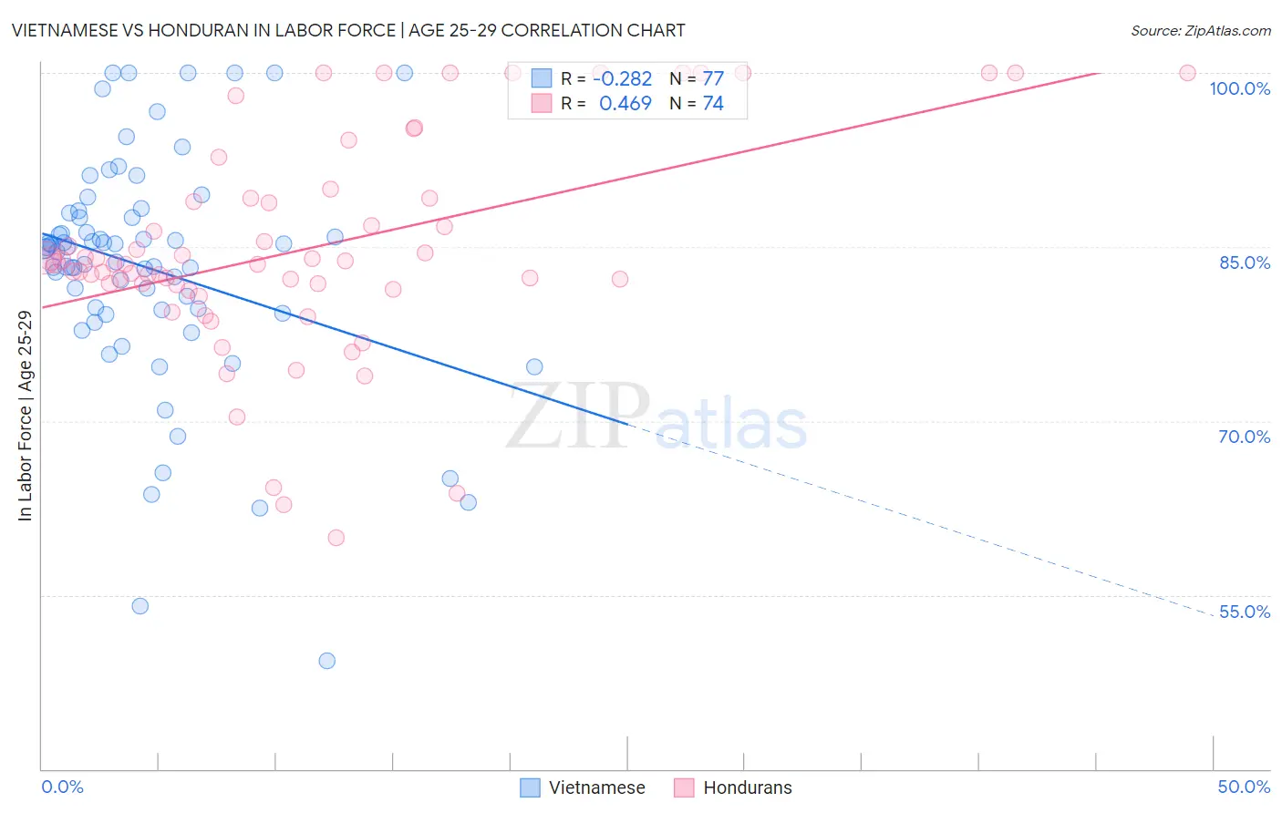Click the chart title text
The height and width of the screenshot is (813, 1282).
(x=348, y=30)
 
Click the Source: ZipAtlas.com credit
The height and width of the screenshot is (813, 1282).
(x=1200, y=30)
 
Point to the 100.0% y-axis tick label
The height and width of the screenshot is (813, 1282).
(x=1239, y=88)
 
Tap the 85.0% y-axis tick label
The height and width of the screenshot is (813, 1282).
(x=1244, y=262)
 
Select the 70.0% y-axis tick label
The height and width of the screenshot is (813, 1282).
(x=1244, y=437)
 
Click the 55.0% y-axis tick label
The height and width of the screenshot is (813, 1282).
(x=1244, y=612)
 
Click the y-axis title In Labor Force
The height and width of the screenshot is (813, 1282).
(x=25, y=416)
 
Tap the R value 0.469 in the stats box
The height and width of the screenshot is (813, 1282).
(x=625, y=104)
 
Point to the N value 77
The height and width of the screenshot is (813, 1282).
(x=712, y=79)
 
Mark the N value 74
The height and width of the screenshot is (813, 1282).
(x=712, y=104)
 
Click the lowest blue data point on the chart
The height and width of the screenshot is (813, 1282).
(x=326, y=661)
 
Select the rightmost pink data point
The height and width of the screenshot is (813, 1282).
(x=1187, y=73)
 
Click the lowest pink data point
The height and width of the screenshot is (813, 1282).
(x=336, y=538)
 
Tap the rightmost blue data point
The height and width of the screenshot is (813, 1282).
(x=534, y=367)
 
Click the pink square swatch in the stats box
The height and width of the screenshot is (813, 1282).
(x=542, y=104)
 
